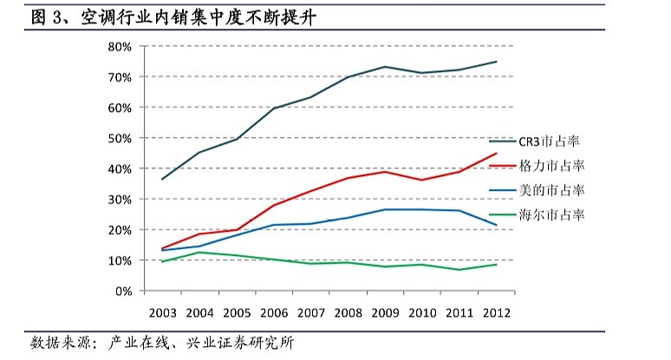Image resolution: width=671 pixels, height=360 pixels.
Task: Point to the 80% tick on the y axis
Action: pos(119,47)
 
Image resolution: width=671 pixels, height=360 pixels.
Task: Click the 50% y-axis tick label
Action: pos(119,138)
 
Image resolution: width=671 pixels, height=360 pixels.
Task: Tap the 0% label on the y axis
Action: pos(122,291)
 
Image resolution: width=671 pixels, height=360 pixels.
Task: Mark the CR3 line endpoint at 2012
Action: pos(496,62)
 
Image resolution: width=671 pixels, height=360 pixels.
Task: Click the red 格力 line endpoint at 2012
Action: pos(496,154)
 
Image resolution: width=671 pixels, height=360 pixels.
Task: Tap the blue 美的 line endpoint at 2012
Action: pos(496,225)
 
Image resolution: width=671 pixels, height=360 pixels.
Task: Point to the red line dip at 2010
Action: pos(421,180)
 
